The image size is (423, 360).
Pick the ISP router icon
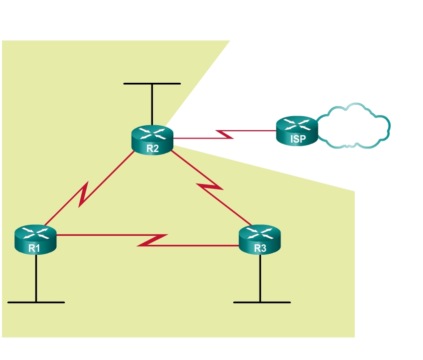tap(297, 131)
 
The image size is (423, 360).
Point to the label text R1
tap(34, 247)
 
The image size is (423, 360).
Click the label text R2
tap(152, 148)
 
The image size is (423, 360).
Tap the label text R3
tap(259, 247)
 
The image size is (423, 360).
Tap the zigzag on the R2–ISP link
tap(225, 134)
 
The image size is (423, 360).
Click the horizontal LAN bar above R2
tap(152, 83)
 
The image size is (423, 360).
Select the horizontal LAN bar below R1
tap(36, 302)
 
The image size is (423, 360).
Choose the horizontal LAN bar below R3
tap(262, 302)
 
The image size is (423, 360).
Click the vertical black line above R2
tap(152, 105)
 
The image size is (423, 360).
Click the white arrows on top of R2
tap(152, 133)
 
